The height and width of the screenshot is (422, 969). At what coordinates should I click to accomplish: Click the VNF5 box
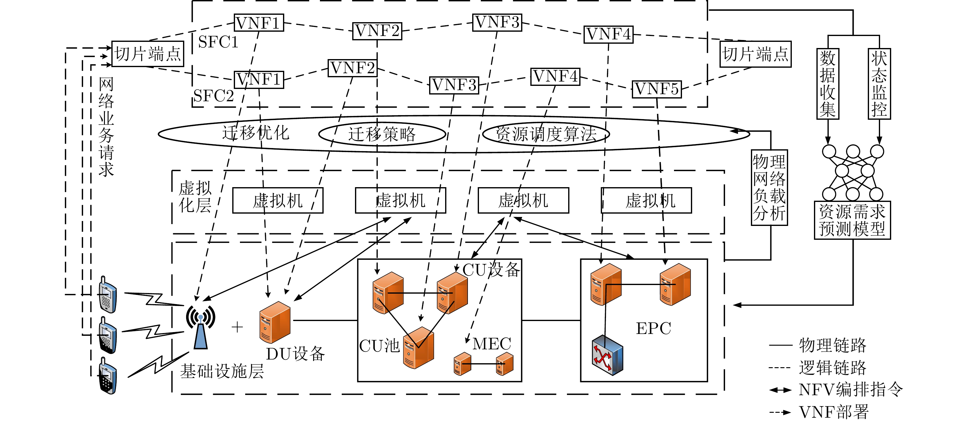tap(656, 89)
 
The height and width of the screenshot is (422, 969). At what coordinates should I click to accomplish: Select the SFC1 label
tap(218, 42)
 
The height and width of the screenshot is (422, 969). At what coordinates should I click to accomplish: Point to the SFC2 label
tap(213, 96)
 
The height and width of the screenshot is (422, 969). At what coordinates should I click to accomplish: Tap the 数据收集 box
tap(827, 84)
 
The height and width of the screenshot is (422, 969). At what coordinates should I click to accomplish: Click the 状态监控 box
tap(879, 84)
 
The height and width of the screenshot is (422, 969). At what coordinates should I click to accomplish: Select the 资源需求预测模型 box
tap(852, 220)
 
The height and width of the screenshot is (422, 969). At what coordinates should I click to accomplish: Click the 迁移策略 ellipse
tap(382, 134)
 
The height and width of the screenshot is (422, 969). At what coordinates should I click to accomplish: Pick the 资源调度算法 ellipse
tap(545, 134)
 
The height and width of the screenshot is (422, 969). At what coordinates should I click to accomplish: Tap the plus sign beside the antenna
tap(237, 327)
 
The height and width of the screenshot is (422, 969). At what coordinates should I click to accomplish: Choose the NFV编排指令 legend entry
tap(835, 390)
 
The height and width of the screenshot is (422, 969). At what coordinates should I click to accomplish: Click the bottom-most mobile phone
tap(108, 376)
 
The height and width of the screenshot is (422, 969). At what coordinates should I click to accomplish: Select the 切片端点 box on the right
tap(755, 54)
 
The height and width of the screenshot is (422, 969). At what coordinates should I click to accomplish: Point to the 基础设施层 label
tap(222, 371)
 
